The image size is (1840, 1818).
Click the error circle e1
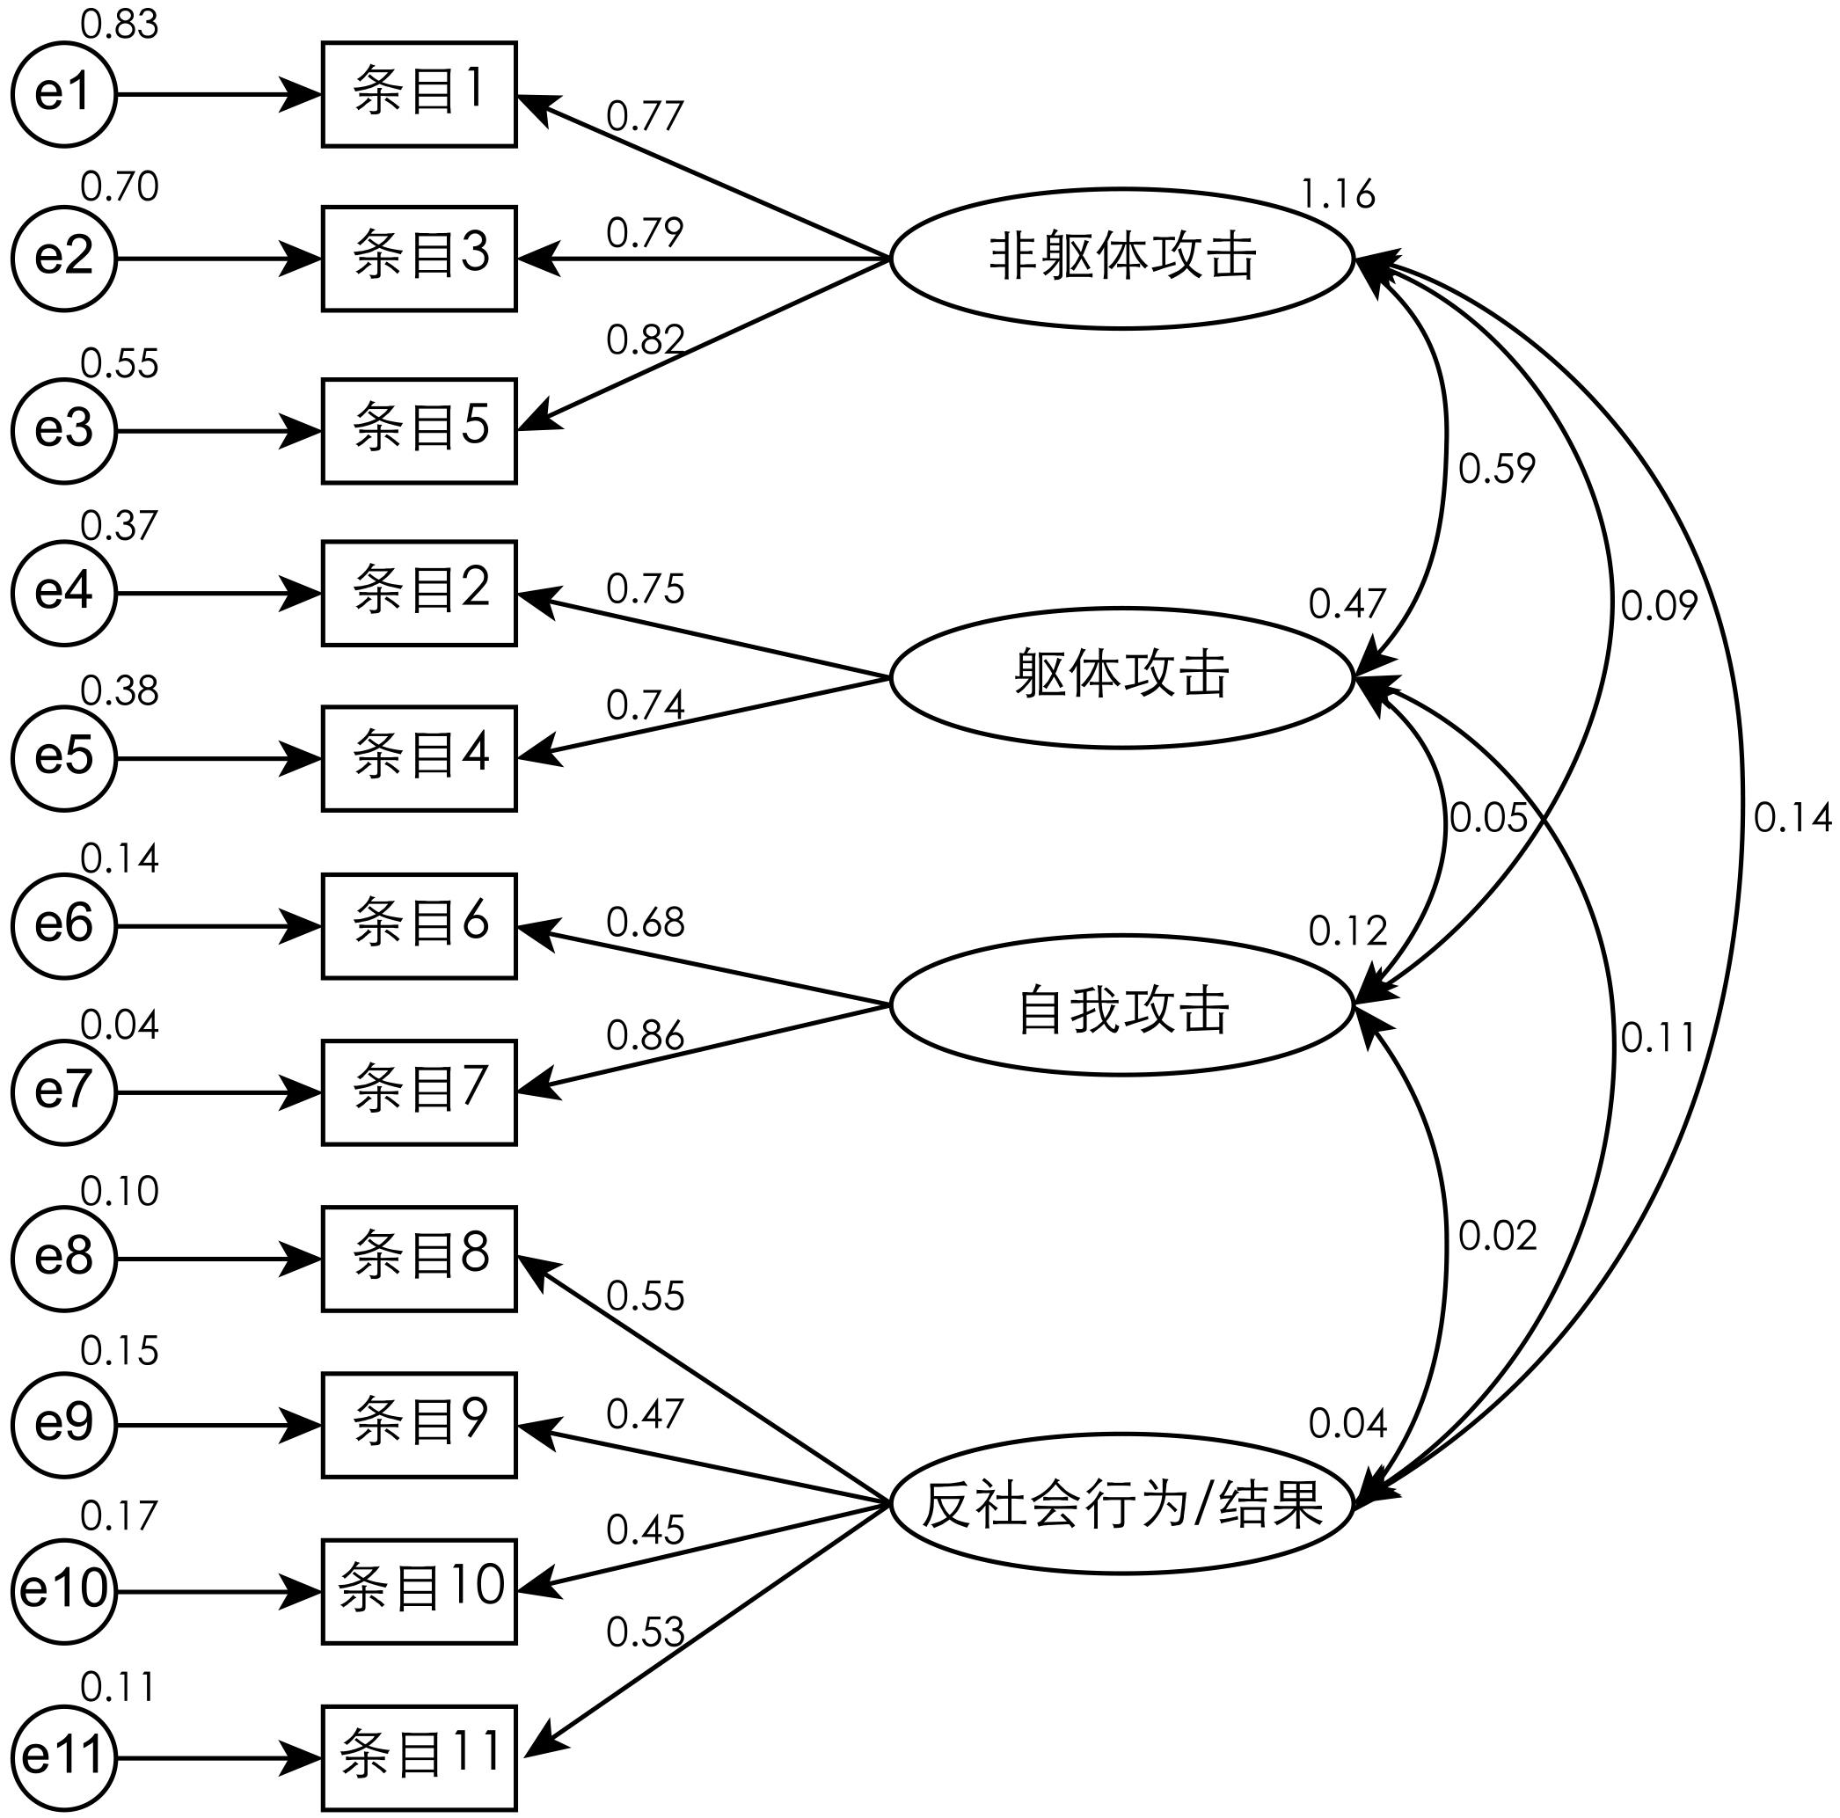pos(64,95)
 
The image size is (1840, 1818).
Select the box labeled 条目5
pos(419,430)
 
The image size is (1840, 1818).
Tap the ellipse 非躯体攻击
pos(1122,257)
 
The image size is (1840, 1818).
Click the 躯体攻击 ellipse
pos(1122,677)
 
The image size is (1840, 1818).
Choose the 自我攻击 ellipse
pos(1122,1004)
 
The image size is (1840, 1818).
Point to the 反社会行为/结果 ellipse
pos(1122,1504)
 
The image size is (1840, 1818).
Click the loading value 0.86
pos(645,1035)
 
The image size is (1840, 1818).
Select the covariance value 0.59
pos(1496,468)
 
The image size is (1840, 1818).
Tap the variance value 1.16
pos(1337,194)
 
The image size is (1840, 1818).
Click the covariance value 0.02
pos(1497,1235)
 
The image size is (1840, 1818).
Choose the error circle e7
pos(64,1092)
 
